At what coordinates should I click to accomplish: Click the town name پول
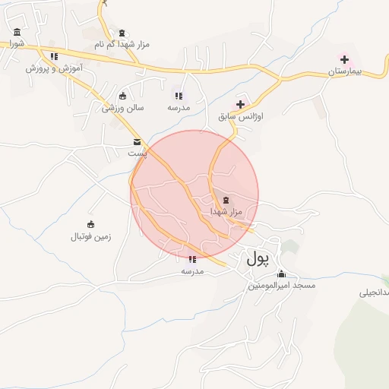pos(258,259)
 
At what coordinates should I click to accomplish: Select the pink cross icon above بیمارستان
pos(345,59)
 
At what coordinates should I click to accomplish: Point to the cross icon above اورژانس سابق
pos(241,104)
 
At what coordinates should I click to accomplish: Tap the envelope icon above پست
pos(137,142)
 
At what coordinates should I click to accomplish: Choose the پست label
pos(137,153)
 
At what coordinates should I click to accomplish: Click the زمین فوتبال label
pos(91,236)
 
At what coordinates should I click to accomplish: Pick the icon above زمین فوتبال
pos(91,224)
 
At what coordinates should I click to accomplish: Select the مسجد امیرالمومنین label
pos(282,286)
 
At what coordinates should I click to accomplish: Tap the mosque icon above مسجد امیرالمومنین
pos(282,274)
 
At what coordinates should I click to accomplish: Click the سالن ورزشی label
pos(123,108)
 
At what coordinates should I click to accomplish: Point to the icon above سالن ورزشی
pos(123,96)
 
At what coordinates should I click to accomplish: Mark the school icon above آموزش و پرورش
pos(53,56)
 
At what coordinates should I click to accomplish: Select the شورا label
pos(17,43)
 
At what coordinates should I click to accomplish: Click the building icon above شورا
pos(17,32)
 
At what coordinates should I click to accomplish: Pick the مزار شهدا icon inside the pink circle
pos(226,200)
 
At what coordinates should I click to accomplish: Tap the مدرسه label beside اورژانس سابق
pos(178,108)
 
